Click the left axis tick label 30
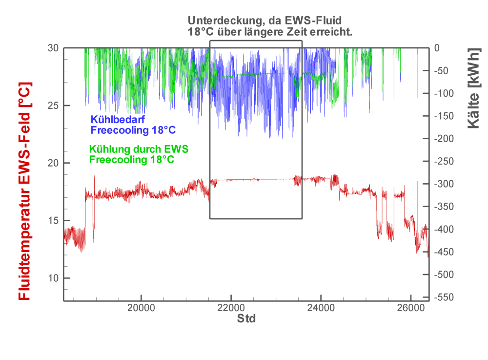tap(53, 48)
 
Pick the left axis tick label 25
tap(53, 106)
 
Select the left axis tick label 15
tap(53, 221)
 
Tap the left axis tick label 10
tap(53, 278)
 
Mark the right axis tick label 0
tap(437, 48)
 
